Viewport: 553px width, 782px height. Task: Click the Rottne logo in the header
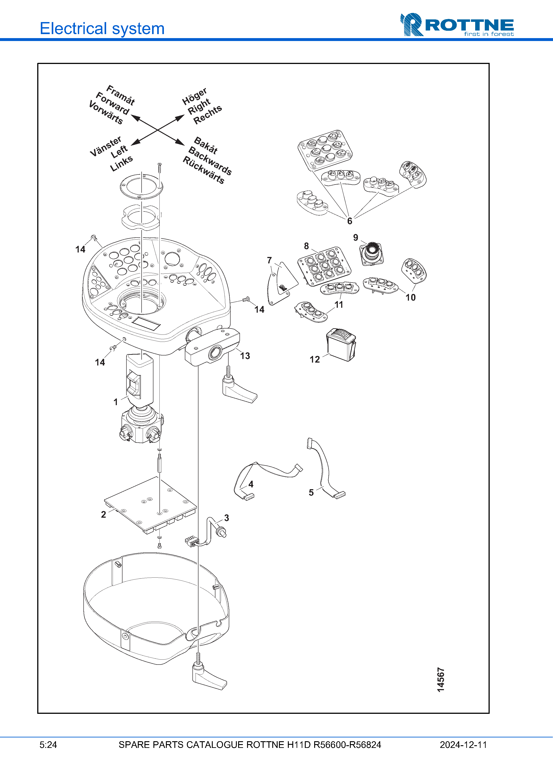[457, 25]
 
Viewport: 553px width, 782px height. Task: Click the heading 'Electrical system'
[102, 29]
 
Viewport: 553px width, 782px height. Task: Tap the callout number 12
[314, 359]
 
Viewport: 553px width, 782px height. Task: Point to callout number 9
[355, 237]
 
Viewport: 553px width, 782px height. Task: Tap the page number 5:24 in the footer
[48, 745]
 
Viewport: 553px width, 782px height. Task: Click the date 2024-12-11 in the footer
[463, 745]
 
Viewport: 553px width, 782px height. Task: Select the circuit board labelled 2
[151, 505]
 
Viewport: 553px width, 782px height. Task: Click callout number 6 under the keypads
[350, 221]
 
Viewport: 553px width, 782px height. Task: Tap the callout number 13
[245, 356]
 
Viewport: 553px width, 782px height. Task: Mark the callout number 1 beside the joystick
[116, 402]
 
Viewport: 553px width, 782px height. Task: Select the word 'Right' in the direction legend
[199, 107]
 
